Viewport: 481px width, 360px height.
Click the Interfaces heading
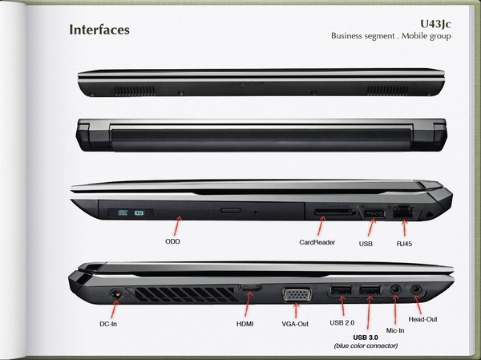(x=99, y=30)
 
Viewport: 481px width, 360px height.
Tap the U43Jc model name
(x=435, y=24)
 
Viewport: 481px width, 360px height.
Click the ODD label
(x=172, y=241)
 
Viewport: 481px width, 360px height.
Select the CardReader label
(x=317, y=242)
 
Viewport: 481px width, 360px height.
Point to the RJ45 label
(x=404, y=244)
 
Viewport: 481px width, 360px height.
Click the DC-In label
(x=108, y=324)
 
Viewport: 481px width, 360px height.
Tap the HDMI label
(x=245, y=324)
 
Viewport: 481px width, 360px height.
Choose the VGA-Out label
(x=295, y=324)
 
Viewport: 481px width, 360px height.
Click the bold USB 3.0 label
(x=366, y=338)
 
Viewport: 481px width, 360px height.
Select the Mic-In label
(x=395, y=330)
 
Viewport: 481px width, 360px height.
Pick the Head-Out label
(x=422, y=319)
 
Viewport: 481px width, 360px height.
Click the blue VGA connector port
(x=297, y=294)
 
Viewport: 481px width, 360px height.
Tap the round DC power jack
(x=116, y=293)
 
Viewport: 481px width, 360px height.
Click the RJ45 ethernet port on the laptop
(x=403, y=212)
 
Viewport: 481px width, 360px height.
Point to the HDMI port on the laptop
(x=250, y=288)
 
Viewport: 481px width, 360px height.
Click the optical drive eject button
(x=231, y=210)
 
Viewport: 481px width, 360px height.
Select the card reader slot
(x=335, y=212)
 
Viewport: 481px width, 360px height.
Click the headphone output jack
(x=416, y=289)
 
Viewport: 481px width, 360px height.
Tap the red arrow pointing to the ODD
(x=178, y=226)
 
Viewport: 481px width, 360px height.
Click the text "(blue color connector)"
(x=366, y=346)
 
